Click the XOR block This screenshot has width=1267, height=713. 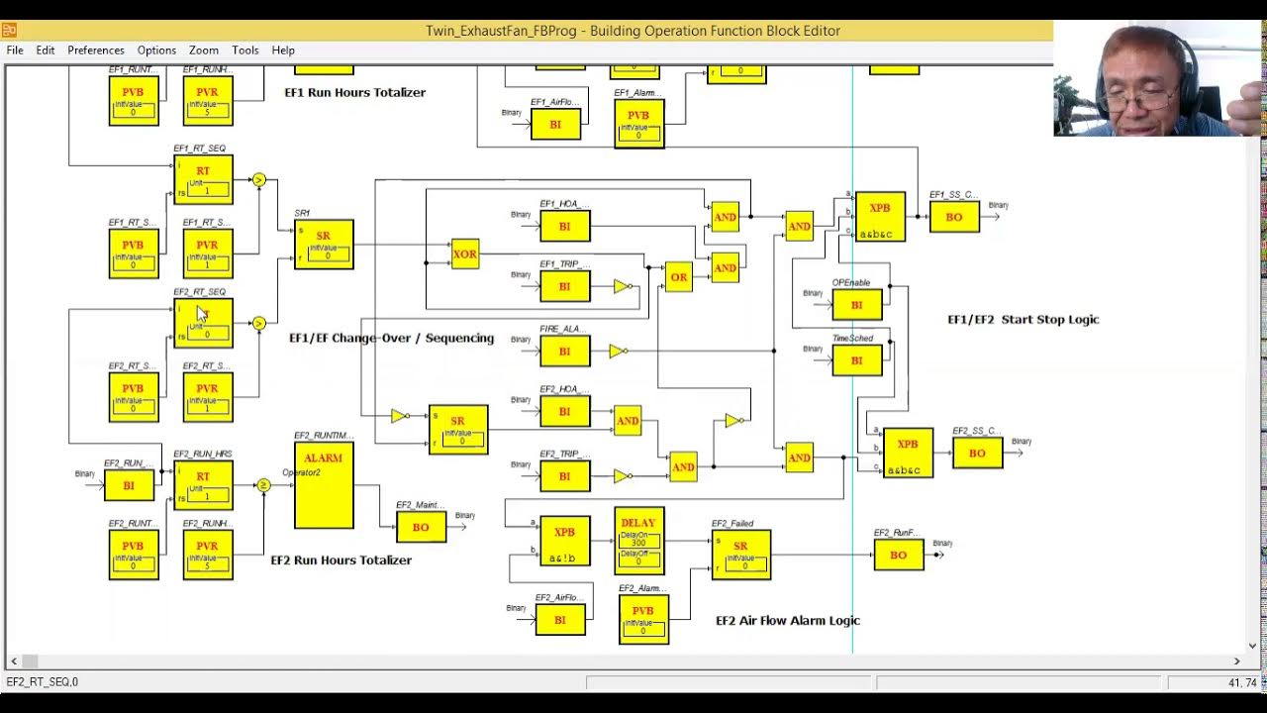(464, 255)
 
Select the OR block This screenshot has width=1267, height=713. (678, 277)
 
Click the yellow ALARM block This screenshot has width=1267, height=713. (324, 485)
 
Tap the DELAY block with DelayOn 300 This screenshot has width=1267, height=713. (638, 541)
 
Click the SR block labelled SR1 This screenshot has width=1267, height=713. (324, 244)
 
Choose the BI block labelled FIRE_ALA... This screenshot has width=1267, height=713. (564, 351)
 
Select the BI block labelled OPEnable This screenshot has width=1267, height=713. (856, 304)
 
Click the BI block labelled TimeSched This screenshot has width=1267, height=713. (856, 360)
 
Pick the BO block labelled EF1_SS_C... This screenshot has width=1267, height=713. (954, 217)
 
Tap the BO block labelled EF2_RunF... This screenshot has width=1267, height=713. (898, 555)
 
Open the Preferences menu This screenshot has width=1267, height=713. (96, 50)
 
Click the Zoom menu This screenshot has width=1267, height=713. (204, 50)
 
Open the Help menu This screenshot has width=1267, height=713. (283, 50)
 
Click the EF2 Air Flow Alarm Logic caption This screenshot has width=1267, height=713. (788, 621)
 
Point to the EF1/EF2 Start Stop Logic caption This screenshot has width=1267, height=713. (1023, 320)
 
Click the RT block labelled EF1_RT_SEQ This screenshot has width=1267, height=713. (203, 179)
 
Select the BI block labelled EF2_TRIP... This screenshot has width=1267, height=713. (564, 476)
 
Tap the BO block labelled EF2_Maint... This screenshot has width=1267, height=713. (421, 527)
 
